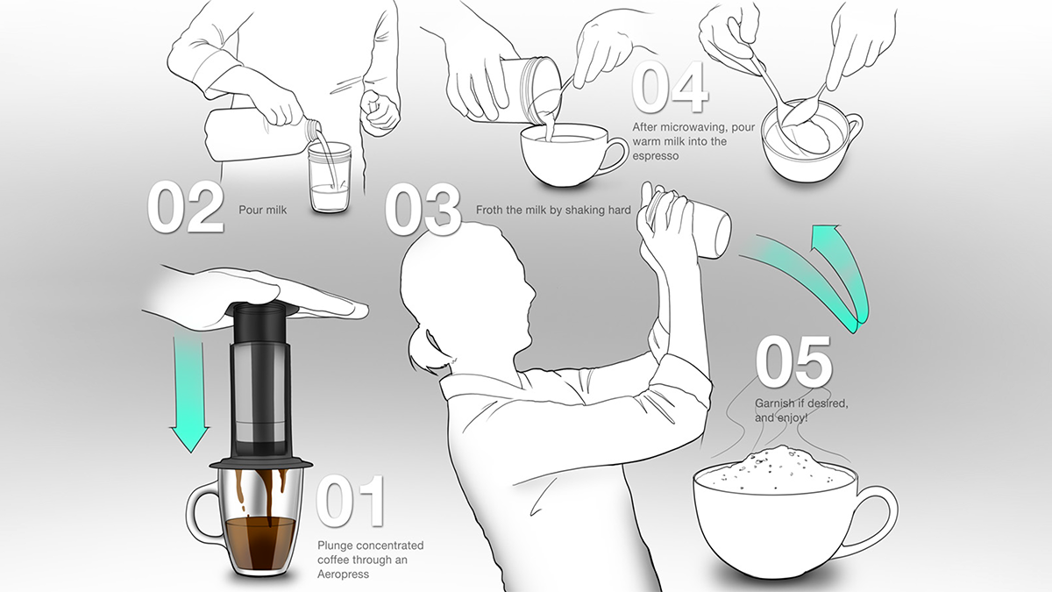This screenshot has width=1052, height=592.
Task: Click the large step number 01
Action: [x=351, y=501]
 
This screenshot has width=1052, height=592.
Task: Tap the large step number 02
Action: [x=186, y=207]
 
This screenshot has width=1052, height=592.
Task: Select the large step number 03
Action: [x=423, y=209]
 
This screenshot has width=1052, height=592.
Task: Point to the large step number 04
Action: [x=670, y=88]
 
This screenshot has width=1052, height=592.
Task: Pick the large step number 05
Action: [x=793, y=361]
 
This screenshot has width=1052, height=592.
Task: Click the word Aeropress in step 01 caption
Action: [x=343, y=574]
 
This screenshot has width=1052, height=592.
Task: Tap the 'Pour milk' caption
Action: [x=262, y=210]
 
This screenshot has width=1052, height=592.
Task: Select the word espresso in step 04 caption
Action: [x=655, y=156]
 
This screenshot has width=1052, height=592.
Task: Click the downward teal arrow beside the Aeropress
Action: [x=190, y=390]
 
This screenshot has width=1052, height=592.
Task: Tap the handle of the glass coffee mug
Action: [x=202, y=512]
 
